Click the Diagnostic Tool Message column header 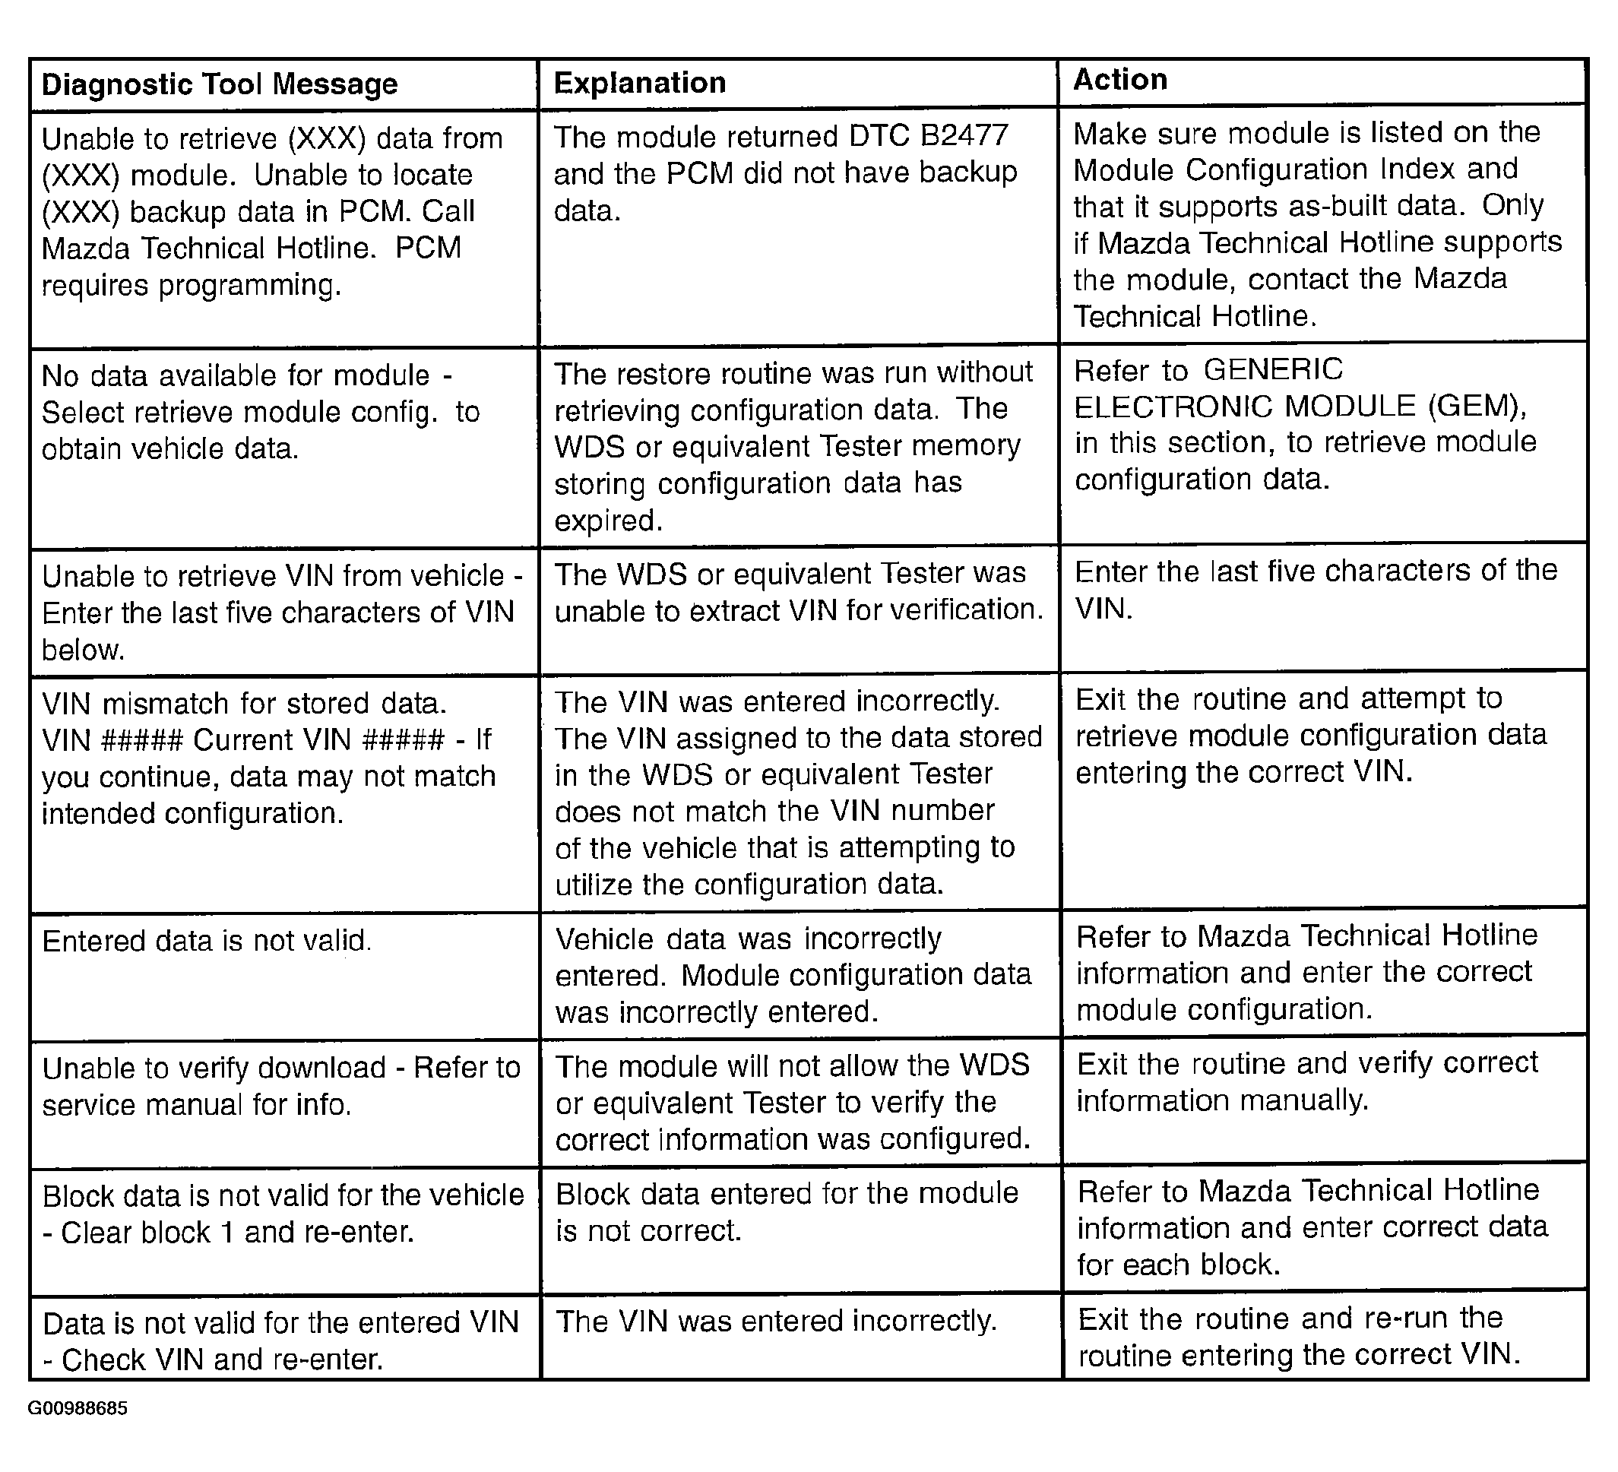click(x=219, y=84)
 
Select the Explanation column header click(x=640, y=83)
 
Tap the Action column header click(x=1119, y=80)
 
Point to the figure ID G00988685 click(x=77, y=1430)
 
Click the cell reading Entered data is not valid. click(x=207, y=941)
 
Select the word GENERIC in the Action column click(x=1273, y=369)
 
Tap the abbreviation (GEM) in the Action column click(x=1476, y=406)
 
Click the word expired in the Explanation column click(x=607, y=521)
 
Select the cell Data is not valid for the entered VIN click(x=281, y=1341)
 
